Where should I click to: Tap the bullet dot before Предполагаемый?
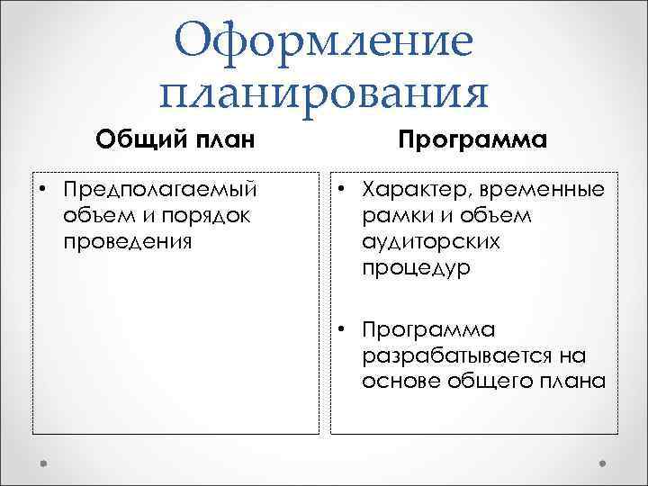43,191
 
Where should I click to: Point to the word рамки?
393,216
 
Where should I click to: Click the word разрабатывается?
441,355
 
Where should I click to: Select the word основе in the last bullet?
397,381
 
